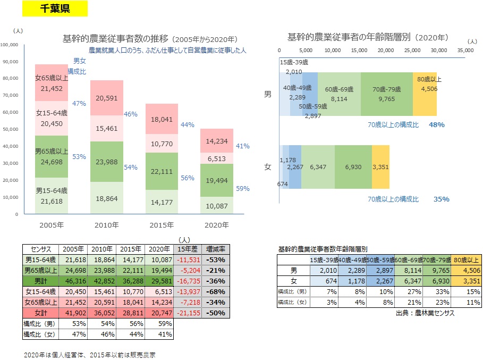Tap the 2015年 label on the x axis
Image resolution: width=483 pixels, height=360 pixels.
(163, 225)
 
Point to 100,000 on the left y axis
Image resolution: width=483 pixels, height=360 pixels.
(11, 45)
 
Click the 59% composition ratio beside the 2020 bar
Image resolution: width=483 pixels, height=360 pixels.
(242, 188)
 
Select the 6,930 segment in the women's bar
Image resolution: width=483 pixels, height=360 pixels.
(353, 167)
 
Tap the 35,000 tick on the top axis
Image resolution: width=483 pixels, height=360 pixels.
(464, 50)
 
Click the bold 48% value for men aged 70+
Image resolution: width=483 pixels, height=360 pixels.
(437, 124)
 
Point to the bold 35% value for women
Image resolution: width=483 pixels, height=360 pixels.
(441, 199)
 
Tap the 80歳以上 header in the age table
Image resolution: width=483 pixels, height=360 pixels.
(466, 259)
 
